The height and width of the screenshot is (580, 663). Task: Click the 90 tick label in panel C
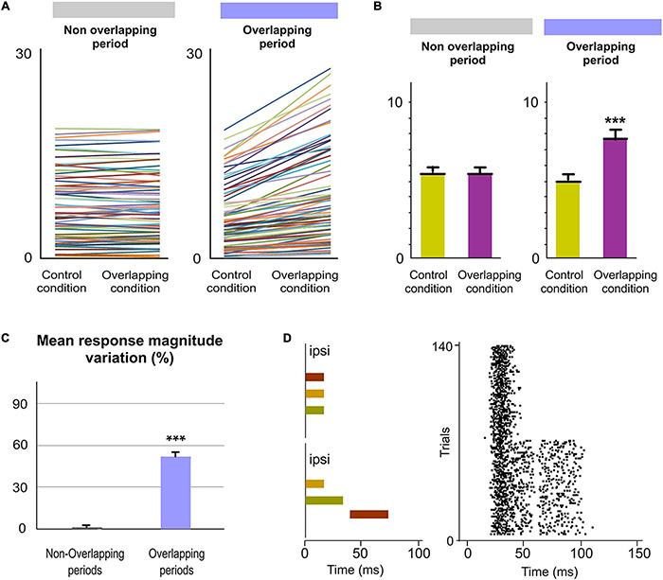[19, 404]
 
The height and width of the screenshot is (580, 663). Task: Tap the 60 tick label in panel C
[19, 446]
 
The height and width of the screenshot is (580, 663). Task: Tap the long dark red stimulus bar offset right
[368, 515]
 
